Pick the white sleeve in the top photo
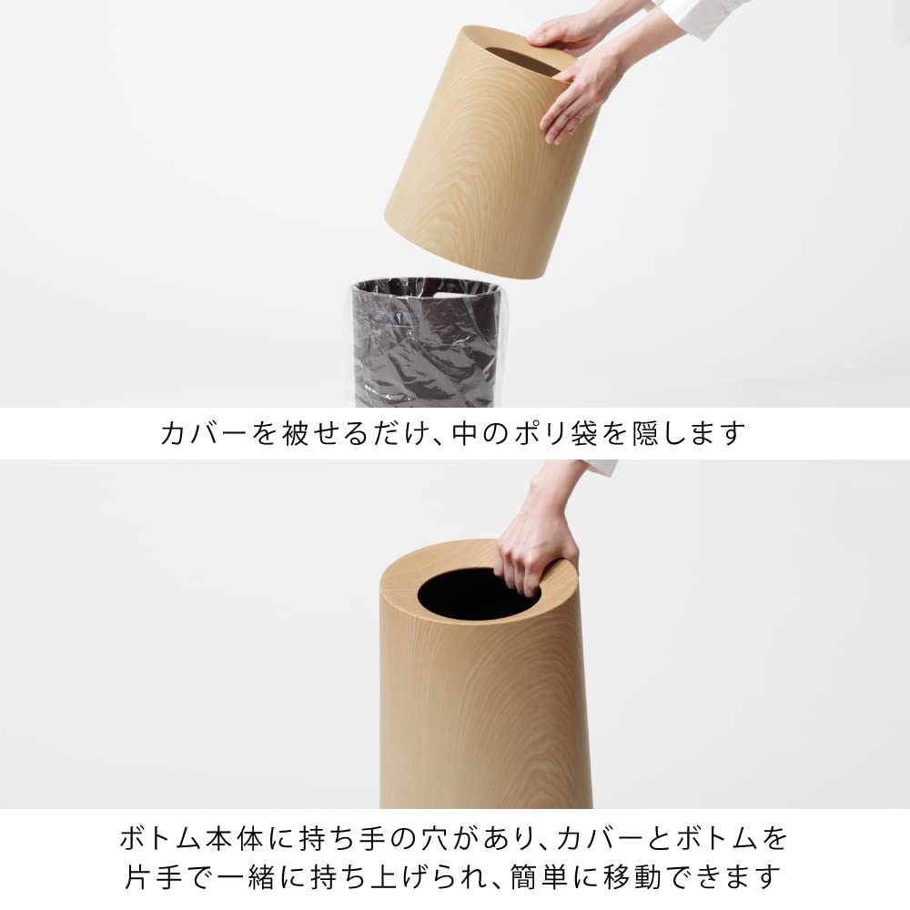click(701, 18)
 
